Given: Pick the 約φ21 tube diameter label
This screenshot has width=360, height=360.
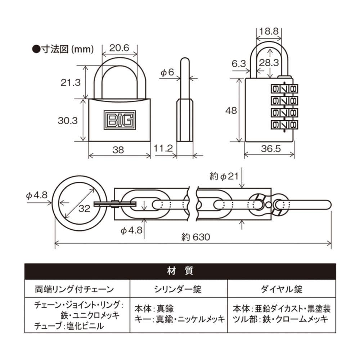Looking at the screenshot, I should click(224, 176).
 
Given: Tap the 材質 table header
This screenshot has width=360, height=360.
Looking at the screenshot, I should click(180, 271).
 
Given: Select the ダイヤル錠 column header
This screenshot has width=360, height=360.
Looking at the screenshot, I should click(282, 289).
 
